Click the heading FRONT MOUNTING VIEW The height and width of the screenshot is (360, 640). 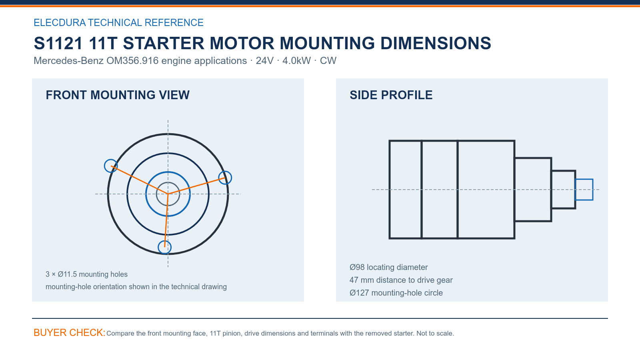(118, 95)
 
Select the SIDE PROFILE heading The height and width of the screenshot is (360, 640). (391, 95)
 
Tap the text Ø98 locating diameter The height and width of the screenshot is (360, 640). (388, 267)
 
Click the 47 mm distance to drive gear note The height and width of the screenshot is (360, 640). (401, 280)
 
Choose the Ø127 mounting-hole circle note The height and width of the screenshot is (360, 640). (396, 293)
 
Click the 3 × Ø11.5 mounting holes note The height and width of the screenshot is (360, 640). (86, 274)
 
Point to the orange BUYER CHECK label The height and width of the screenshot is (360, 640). (70, 332)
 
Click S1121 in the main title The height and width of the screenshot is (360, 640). (58, 43)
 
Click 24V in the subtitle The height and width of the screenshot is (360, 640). (264, 60)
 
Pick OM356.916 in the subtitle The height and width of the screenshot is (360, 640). (132, 60)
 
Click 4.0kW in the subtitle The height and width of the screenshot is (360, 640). (296, 60)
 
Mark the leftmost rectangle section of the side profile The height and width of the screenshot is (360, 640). (390, 190)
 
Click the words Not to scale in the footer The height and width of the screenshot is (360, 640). (435, 334)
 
